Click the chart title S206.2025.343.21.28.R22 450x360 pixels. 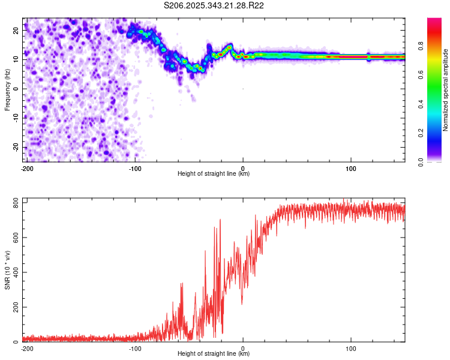point(214,5)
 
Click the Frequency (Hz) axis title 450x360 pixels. point(8,89)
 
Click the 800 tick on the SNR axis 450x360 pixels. point(15,203)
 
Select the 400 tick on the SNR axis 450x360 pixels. point(15,272)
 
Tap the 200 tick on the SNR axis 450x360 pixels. point(15,307)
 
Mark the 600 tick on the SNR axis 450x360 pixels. point(15,238)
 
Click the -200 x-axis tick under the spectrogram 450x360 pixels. point(26,168)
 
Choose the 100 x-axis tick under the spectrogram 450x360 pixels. point(351,168)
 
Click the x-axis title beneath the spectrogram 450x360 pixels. point(214,174)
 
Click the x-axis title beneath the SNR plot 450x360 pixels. point(214,354)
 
